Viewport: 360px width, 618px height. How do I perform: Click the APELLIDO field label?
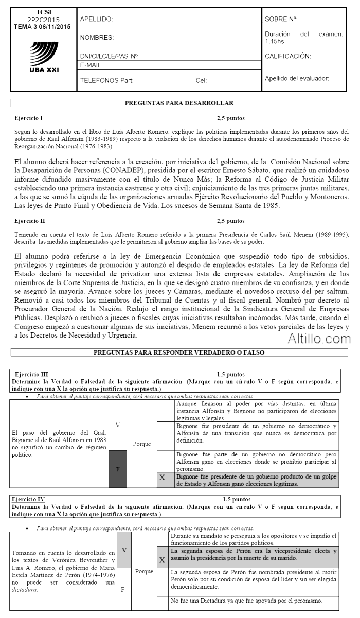(96, 19)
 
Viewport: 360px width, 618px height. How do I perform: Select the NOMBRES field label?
(97, 38)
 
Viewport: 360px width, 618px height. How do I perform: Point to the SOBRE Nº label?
(281, 19)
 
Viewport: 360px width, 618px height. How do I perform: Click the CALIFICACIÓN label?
(288, 56)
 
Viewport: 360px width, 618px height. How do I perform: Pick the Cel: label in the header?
(201, 80)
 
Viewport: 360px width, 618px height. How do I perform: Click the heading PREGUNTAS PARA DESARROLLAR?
(179, 103)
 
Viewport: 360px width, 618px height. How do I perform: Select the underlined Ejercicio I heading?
(29, 118)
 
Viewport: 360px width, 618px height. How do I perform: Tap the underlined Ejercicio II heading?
(30, 221)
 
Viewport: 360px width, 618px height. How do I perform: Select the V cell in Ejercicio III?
(117, 425)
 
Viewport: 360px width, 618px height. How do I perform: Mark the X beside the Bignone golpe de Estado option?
(163, 478)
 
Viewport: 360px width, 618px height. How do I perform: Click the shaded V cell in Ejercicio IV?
(124, 550)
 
